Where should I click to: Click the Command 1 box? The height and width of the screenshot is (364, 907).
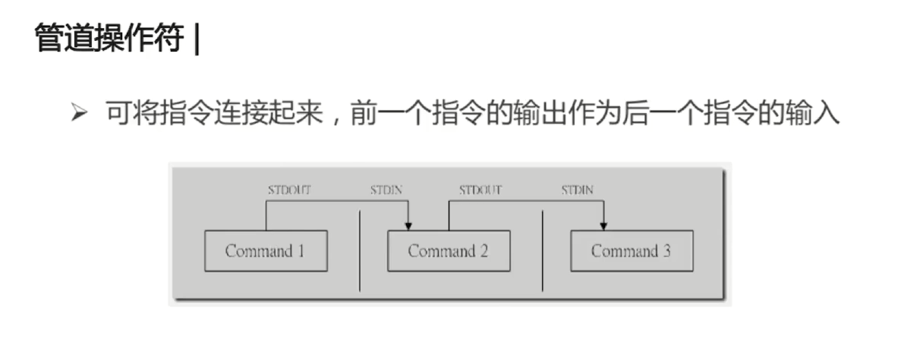click(266, 251)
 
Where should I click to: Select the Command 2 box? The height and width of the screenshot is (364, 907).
click(449, 251)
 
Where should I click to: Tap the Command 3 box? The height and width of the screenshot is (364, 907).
click(631, 251)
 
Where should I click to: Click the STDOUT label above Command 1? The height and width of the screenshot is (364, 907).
click(289, 190)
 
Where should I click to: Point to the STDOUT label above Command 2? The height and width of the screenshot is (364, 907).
click(480, 190)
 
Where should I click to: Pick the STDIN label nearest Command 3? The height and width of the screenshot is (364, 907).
click(578, 190)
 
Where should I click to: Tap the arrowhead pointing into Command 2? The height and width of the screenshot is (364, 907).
click(408, 225)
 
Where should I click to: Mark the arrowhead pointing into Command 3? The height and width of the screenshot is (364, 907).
click(604, 225)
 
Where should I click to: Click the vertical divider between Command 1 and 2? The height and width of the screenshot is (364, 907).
click(360, 251)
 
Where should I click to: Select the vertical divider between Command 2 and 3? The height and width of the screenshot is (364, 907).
click(543, 251)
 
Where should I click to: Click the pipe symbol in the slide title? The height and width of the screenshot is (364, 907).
click(197, 39)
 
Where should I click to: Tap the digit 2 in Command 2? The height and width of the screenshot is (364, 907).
click(483, 251)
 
